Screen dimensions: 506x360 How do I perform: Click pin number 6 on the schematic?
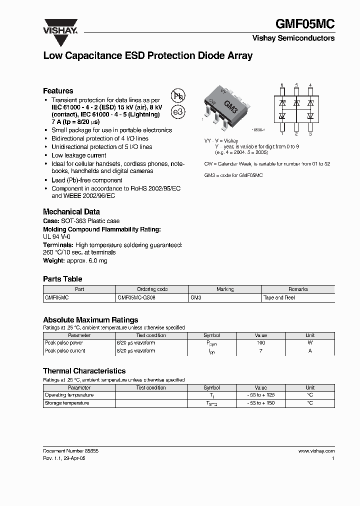point(282,85)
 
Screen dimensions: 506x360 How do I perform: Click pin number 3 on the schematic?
point(310,134)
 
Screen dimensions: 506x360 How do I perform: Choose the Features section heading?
point(58,91)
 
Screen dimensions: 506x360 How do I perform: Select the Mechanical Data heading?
point(71,211)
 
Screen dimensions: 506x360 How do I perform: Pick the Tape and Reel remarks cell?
point(279,297)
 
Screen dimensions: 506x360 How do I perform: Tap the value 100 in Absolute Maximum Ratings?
point(261,343)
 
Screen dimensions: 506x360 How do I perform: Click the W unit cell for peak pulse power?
point(310,343)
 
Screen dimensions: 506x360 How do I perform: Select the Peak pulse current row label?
point(65,351)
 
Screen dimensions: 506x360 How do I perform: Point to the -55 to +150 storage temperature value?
point(261,403)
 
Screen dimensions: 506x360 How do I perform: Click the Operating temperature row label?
point(69,395)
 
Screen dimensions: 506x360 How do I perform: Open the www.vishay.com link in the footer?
point(316,451)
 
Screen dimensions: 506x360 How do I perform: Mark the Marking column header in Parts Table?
point(225,289)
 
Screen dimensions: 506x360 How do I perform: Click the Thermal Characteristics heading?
point(84,371)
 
